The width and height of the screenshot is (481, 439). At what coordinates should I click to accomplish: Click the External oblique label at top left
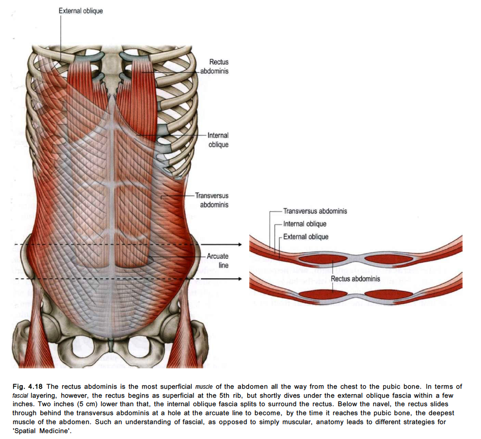pos(81,10)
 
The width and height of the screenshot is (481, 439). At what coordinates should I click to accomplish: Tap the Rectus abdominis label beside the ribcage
pos(218,66)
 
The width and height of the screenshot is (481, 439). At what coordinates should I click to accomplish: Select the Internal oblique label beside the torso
pos(218,140)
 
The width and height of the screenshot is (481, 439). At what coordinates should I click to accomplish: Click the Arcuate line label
pos(218,261)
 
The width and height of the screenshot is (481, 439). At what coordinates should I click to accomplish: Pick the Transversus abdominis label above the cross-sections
pos(315,211)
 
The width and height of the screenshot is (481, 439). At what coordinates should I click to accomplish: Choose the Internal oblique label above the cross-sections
pos(305,224)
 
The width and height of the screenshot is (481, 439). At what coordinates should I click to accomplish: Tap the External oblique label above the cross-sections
pos(306,237)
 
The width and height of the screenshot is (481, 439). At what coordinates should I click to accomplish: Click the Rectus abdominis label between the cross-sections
pos(355,279)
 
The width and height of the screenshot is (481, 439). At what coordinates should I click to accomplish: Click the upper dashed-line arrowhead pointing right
pos(239,245)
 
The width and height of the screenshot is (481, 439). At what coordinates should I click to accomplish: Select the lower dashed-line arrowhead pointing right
pos(239,279)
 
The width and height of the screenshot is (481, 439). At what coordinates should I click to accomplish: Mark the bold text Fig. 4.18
pos(25,387)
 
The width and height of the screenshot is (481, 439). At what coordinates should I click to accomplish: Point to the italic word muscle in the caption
pos(204,387)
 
